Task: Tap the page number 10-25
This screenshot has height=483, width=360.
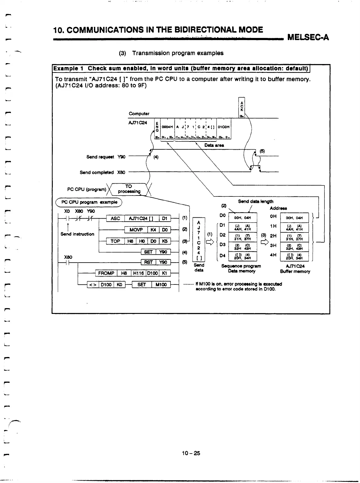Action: pyautogui.click(x=191, y=453)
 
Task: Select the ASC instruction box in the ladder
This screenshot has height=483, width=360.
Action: pyautogui.click(x=115, y=218)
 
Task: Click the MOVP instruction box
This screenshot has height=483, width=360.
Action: pyautogui.click(x=136, y=230)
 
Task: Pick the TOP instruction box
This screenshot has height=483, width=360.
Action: pyautogui.click(x=115, y=241)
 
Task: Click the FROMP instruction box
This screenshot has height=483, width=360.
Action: pyautogui.click(x=106, y=273)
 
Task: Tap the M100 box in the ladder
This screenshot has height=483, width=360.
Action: pyautogui.click(x=161, y=284)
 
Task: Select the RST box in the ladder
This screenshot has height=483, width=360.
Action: pyautogui.click(x=148, y=262)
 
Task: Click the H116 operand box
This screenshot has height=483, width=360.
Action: pyautogui.click(x=139, y=273)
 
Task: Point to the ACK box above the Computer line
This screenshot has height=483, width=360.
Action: pyautogui.click(x=241, y=107)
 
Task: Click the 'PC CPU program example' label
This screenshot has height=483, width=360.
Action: pyautogui.click(x=88, y=202)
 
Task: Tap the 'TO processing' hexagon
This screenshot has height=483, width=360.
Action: pyautogui.click(x=129, y=189)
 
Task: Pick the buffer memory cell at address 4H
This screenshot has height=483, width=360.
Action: pyautogui.click(x=294, y=257)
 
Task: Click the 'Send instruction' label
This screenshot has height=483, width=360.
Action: pyautogui.click(x=77, y=234)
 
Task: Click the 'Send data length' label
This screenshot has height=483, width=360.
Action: pyautogui.click(x=255, y=201)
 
